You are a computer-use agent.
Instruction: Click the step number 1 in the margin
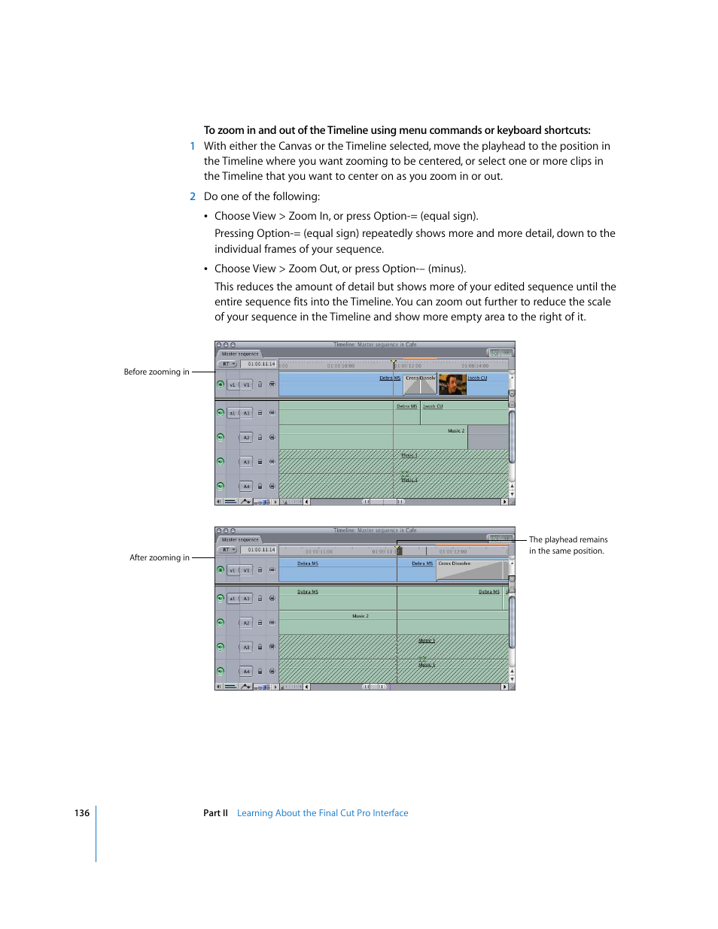point(193,147)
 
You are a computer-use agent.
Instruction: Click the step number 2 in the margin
point(193,196)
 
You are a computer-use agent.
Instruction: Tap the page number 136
point(82,813)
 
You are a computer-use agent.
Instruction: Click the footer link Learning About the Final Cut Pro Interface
point(322,813)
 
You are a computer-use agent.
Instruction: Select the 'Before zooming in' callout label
point(157,372)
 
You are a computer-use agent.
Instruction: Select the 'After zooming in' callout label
point(160,557)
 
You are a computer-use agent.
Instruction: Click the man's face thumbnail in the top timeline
point(452,385)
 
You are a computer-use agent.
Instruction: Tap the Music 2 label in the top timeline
point(456,431)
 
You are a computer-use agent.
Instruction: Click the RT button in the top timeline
point(227,364)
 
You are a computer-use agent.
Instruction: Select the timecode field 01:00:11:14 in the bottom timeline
point(261,550)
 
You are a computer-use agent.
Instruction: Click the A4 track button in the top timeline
point(246,487)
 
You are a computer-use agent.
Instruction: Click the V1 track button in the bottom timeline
point(246,570)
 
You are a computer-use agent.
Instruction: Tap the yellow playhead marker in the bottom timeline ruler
point(398,549)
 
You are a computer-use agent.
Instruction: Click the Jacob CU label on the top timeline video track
point(478,378)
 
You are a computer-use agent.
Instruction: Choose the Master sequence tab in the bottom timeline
point(240,539)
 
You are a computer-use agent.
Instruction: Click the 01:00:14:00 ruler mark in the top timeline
point(475,366)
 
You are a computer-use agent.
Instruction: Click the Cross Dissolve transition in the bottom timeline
point(470,570)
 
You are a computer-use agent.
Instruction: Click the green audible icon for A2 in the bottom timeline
point(221,622)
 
